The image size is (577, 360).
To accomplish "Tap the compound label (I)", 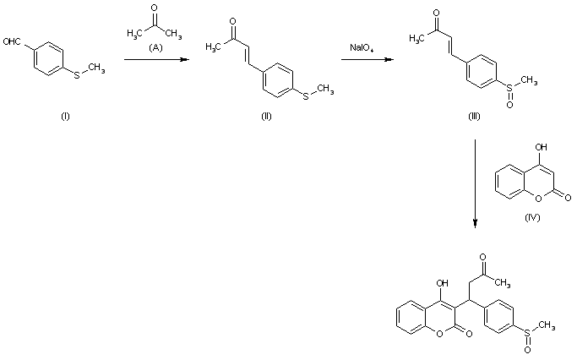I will click(65, 115).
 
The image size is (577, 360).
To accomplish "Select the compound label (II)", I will click(267, 115).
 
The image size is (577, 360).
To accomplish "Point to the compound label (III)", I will click(474, 116).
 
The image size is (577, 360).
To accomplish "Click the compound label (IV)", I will click(531, 217).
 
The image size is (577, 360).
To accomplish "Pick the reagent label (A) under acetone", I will click(155, 48).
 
